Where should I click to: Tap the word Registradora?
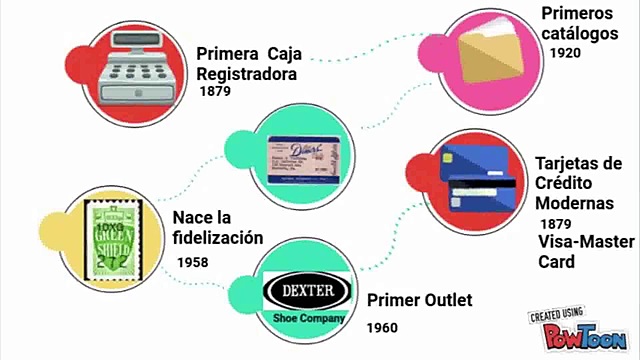pyautogui.click(x=247, y=73)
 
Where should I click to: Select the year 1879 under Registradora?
pyautogui.click(x=215, y=91)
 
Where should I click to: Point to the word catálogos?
pyautogui.click(x=583, y=32)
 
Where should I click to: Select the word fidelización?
pyautogui.click(x=217, y=238)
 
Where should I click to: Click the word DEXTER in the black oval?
pyautogui.click(x=306, y=292)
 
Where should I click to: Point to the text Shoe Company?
pyautogui.click(x=308, y=318)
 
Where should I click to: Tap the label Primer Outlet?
pyautogui.click(x=419, y=300)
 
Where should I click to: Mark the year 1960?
pyautogui.click(x=382, y=327)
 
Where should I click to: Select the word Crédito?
pyautogui.click(x=565, y=183)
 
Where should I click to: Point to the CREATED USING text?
pyautogui.click(x=556, y=314)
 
